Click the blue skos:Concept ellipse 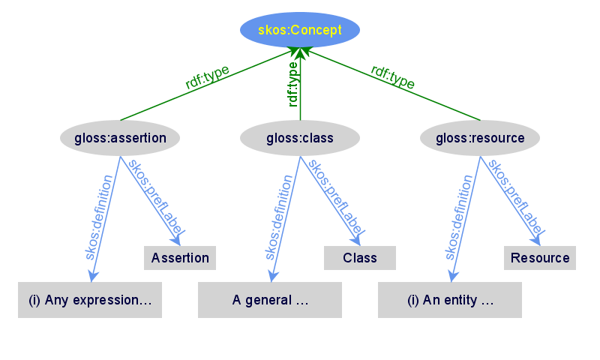300,30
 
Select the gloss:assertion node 120,138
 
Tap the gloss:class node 300,138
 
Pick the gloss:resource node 480,138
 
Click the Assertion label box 180,258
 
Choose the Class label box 360,258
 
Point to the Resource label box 540,258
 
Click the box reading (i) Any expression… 90,300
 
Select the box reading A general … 270,300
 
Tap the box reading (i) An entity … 450,300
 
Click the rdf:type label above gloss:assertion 207,78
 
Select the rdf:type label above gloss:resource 393,77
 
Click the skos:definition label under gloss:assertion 99,217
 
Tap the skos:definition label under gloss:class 279,217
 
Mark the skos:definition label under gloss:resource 459,217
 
